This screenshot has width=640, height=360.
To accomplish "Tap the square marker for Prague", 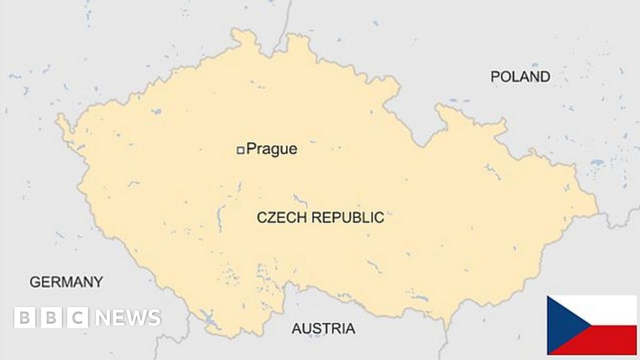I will [x=241, y=150].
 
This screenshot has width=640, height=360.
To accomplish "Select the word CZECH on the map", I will [x=282, y=218].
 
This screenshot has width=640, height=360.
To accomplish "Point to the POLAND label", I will [x=520, y=77].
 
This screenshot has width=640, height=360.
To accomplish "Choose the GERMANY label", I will [x=66, y=282].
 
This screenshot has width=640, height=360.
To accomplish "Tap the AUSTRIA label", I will [x=323, y=329].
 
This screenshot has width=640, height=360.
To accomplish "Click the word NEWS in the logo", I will [x=128, y=318].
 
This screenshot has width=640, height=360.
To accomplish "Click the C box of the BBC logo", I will [x=78, y=318].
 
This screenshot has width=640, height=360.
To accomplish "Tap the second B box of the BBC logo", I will [x=51, y=318].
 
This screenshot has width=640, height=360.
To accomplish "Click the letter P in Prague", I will [x=251, y=149].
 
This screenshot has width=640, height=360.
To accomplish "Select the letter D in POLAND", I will [x=544, y=77].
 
